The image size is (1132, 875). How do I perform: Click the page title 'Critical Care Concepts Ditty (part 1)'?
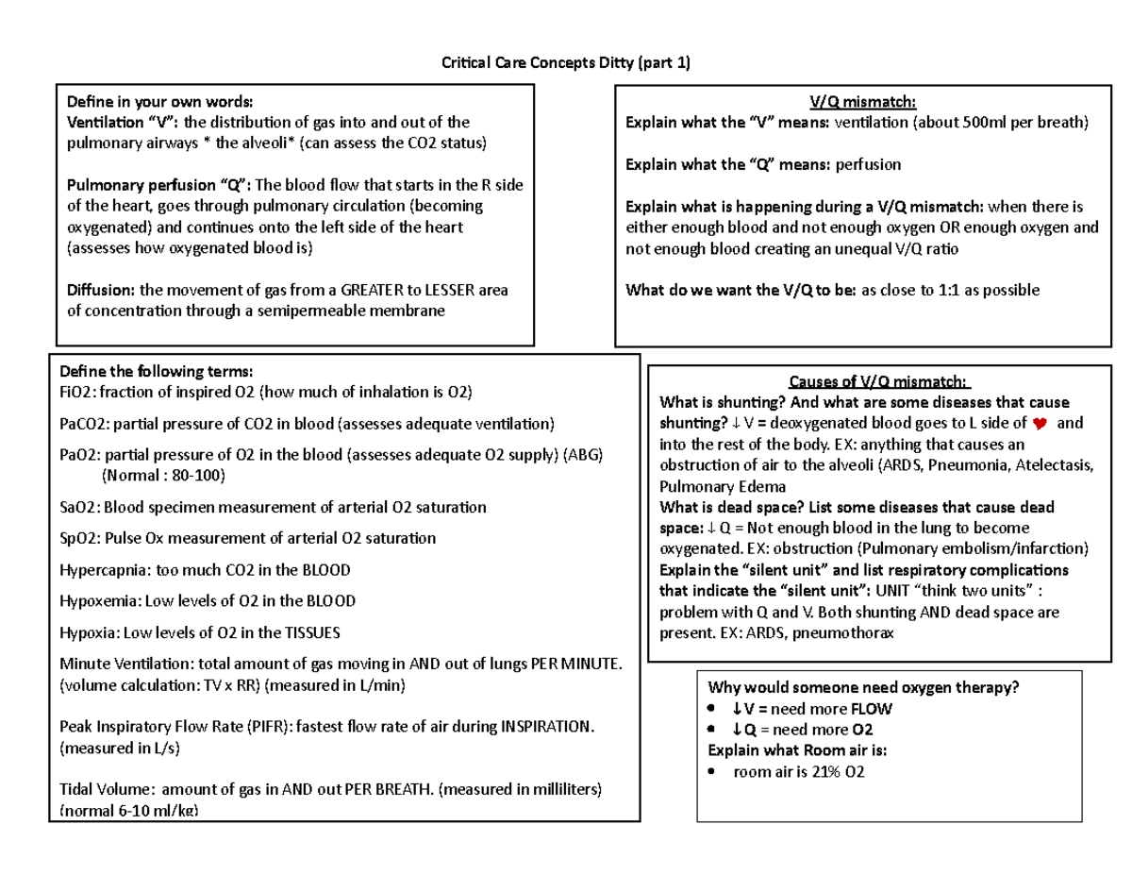[566, 63]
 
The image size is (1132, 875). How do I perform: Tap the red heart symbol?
[1040, 423]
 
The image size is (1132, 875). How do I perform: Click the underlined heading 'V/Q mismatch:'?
[863, 102]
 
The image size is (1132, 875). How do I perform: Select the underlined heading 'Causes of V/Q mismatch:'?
[878, 381]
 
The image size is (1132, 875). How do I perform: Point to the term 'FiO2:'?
[77, 392]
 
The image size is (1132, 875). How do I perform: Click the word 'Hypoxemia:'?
[100, 601]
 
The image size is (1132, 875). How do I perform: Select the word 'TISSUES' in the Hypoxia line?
[308, 632]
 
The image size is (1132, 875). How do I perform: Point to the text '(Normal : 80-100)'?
[164, 475]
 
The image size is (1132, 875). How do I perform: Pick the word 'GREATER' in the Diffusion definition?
[375, 291]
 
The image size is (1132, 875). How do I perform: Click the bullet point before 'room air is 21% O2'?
[711, 772]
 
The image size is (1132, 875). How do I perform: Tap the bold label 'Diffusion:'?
[99, 291]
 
